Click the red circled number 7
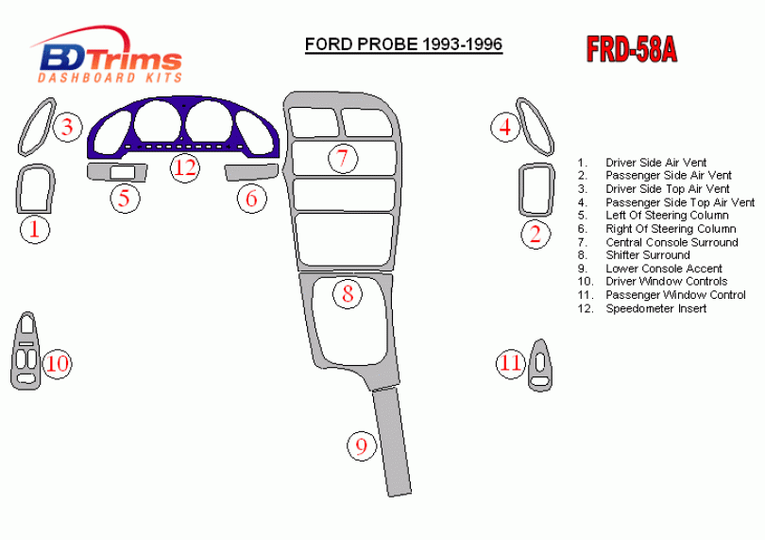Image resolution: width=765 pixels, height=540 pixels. tap(343, 158)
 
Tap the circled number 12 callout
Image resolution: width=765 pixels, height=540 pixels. tap(185, 167)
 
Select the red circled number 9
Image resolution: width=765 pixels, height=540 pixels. tap(362, 445)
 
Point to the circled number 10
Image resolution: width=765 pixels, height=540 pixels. tap(57, 363)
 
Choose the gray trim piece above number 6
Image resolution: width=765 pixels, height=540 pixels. tap(251, 172)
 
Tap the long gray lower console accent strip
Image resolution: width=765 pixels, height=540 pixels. tap(392, 443)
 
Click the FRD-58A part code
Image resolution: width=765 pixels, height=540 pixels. tap(632, 49)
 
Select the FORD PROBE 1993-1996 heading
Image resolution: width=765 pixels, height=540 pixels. tap(403, 44)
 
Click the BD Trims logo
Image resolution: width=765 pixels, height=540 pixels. tap(109, 56)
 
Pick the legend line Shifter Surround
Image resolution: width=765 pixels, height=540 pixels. tap(634, 255)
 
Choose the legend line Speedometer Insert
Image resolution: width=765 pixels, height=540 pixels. tap(642, 309)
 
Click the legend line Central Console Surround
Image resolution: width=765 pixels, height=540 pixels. tap(657, 242)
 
